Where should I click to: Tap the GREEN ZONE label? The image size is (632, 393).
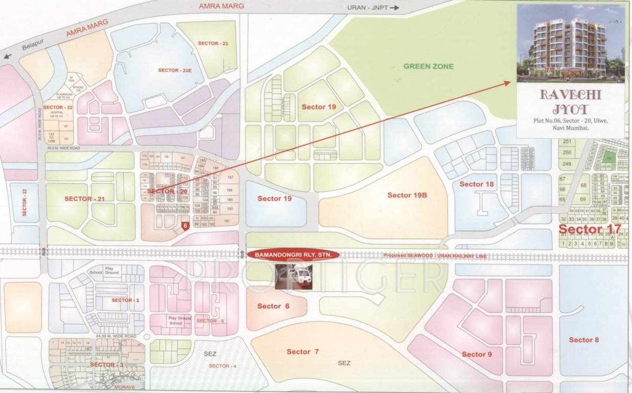[x=428, y=67]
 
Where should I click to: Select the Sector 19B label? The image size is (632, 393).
[x=407, y=195]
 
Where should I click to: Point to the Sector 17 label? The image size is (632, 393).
[x=590, y=229]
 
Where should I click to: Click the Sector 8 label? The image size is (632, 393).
[x=583, y=340]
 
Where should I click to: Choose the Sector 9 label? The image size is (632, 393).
[x=476, y=354]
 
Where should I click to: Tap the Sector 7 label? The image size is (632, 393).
[x=302, y=352]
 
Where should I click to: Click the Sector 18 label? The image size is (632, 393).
[x=476, y=184]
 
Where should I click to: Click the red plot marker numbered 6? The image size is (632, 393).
[x=186, y=225]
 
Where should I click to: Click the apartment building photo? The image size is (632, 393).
[x=571, y=43]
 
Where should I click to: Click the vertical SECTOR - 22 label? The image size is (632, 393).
[x=24, y=202]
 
